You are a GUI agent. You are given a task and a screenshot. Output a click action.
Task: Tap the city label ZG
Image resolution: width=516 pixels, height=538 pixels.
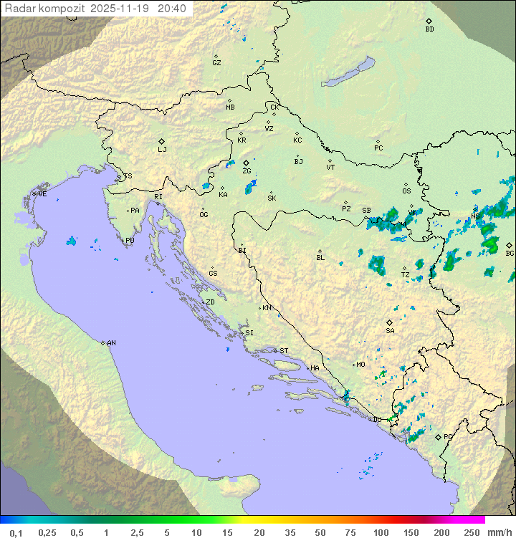(x=247, y=171)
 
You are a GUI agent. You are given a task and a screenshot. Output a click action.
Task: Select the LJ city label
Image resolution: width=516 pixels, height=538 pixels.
(x=162, y=150)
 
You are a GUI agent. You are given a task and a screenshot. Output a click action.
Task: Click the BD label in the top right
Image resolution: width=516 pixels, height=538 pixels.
(x=429, y=29)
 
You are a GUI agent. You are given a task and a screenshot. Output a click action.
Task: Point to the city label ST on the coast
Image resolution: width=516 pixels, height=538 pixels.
(x=284, y=351)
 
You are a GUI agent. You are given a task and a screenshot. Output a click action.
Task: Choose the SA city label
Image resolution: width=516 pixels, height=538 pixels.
(x=390, y=331)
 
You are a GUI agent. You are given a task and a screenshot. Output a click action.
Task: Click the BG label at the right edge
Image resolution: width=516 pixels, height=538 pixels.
(x=510, y=253)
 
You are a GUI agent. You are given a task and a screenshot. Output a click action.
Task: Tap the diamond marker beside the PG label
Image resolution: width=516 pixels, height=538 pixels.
(x=438, y=436)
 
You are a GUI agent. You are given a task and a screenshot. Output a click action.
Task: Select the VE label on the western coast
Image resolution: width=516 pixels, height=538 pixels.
(x=42, y=194)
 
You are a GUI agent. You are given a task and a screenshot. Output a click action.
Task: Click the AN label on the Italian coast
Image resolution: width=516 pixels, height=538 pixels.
(x=111, y=343)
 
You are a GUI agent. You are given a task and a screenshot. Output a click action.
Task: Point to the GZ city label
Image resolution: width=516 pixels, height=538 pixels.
(x=216, y=63)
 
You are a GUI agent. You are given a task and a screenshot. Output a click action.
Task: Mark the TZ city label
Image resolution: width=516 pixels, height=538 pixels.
(x=405, y=275)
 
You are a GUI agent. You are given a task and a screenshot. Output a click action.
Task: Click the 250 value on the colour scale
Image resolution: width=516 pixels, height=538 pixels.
(x=472, y=532)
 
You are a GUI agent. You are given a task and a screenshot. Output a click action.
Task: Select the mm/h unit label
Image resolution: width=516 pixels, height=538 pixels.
(x=498, y=532)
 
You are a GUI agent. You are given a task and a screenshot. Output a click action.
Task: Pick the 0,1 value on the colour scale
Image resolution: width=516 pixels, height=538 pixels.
(x=16, y=532)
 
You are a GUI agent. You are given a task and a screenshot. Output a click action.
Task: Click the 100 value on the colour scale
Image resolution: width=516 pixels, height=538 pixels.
(x=381, y=532)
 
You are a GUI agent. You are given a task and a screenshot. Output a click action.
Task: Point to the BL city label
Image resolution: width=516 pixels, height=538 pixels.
(x=320, y=258)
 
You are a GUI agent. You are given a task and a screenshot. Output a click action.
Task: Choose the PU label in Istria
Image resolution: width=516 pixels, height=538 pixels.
(x=130, y=241)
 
